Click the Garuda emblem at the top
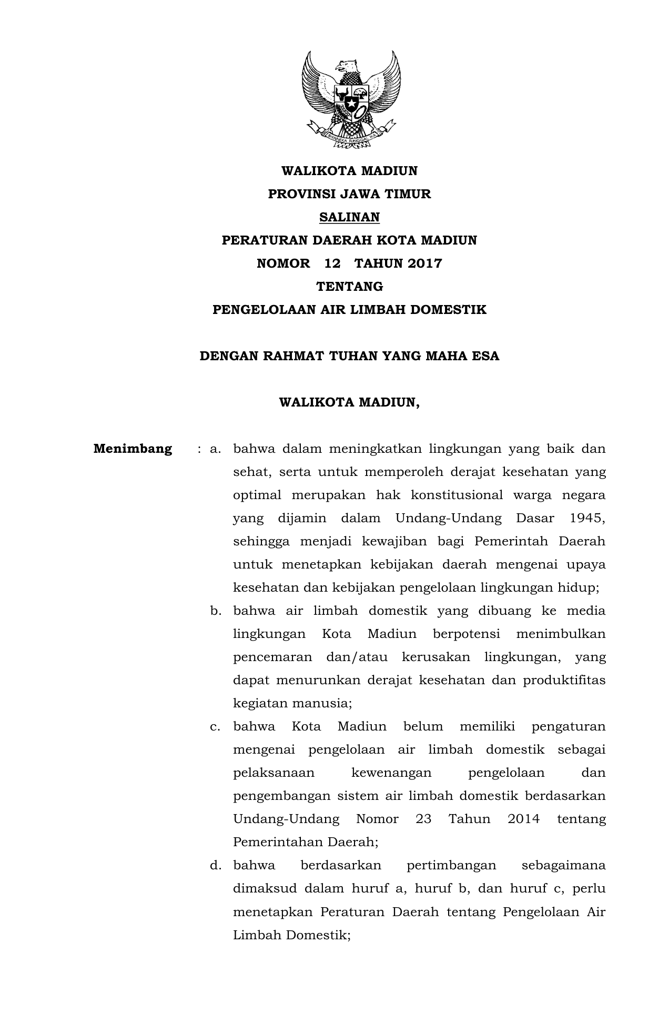350,96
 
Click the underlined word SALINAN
350,217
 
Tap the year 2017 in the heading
424,263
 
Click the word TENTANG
350,287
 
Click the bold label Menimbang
133,449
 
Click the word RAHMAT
293,356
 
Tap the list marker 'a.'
215,449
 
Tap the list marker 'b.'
216,611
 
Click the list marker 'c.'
215,727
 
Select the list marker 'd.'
216,865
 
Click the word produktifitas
564,681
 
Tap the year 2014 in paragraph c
523,819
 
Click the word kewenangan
391,773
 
